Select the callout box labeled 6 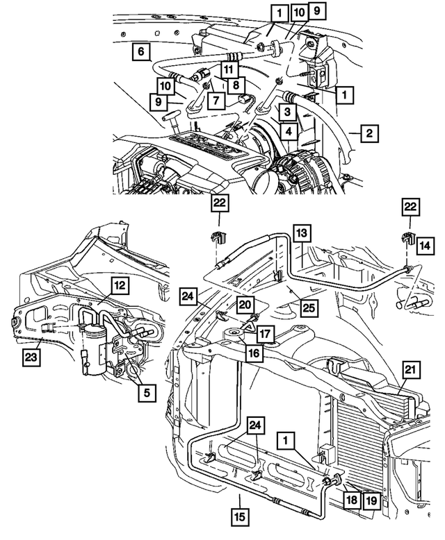click(x=141, y=51)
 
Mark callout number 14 click(x=424, y=244)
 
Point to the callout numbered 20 click(x=244, y=304)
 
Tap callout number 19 click(x=371, y=500)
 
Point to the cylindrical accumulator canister click(x=93, y=351)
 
